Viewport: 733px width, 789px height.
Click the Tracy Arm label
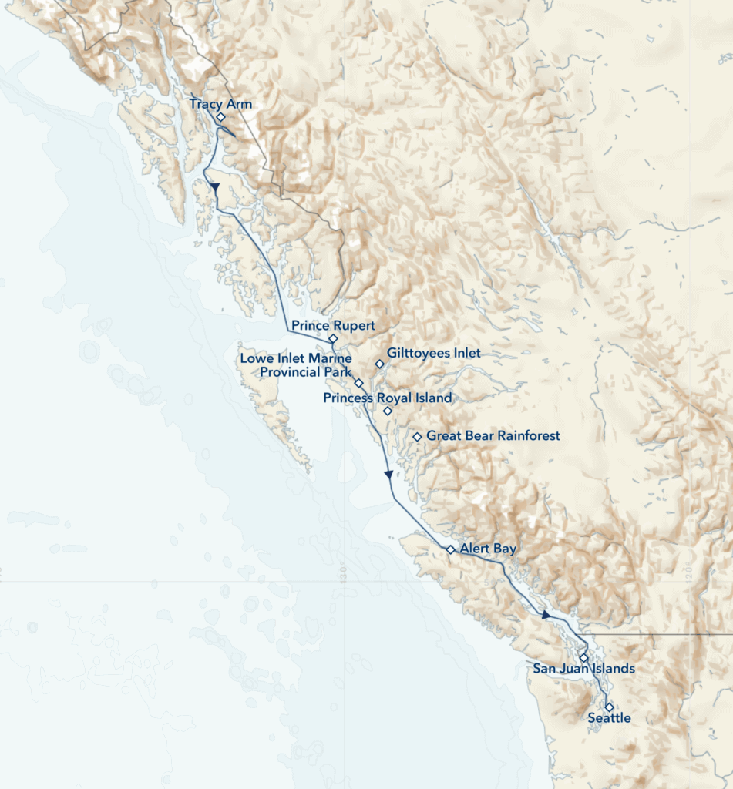click(x=220, y=104)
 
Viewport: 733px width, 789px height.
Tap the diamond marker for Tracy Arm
click(x=220, y=117)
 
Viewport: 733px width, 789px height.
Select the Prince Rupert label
click(x=333, y=326)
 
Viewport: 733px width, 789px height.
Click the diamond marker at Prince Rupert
click(x=333, y=338)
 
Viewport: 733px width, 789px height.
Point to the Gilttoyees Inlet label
click(x=434, y=353)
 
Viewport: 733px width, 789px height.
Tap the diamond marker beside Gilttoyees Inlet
click(x=379, y=364)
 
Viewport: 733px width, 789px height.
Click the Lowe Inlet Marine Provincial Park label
click(x=296, y=365)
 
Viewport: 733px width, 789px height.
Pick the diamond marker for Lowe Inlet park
click(x=358, y=382)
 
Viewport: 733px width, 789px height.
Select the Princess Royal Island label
click(x=388, y=398)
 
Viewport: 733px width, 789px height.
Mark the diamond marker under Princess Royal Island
click(x=388, y=411)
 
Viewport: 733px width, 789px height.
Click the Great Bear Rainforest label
click(x=493, y=436)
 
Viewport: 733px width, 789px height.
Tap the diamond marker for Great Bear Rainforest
click(x=417, y=437)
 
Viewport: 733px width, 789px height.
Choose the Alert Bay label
click(x=488, y=549)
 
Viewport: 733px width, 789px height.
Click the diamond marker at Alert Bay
click(x=450, y=549)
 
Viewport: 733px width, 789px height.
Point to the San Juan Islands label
click(x=584, y=668)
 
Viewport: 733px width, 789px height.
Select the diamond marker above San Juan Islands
click(x=584, y=658)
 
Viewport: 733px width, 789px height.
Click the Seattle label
click(x=609, y=718)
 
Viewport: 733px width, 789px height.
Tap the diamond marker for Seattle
click(x=609, y=707)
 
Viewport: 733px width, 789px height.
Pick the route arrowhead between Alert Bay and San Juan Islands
click(x=546, y=615)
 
